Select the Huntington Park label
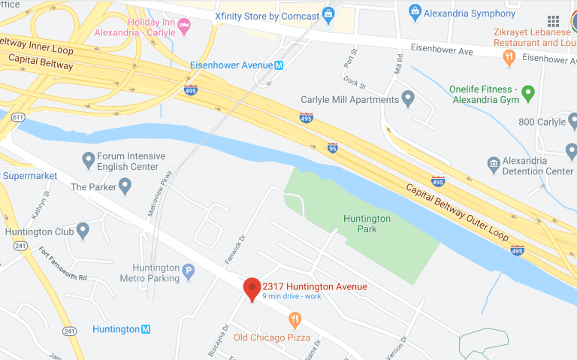tap(367, 223)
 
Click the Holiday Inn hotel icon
tap(184, 26)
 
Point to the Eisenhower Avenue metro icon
tap(279, 65)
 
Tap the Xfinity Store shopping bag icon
tap(328, 14)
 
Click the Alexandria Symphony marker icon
tap(414, 12)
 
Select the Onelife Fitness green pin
tap(529, 93)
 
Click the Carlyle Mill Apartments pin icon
tap(409, 98)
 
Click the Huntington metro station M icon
tap(146, 329)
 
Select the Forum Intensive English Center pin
tap(88, 159)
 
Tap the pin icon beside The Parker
tap(124, 186)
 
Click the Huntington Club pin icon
tap(83, 230)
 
